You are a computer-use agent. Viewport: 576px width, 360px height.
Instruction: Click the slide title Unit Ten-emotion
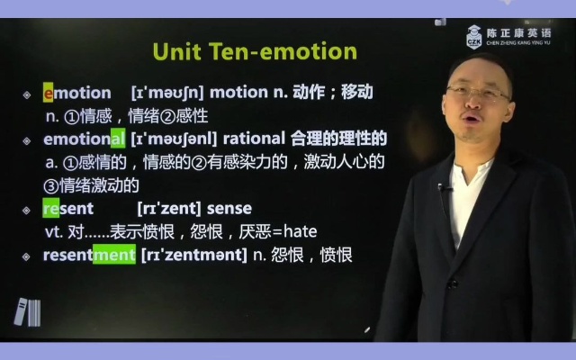[254, 52]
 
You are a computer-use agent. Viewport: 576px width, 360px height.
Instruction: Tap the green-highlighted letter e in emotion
[49, 93]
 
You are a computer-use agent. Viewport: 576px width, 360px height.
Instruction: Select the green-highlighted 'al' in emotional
[117, 139]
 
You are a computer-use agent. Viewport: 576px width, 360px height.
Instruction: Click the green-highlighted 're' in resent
[50, 209]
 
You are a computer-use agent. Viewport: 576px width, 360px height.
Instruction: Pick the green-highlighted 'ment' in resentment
[113, 255]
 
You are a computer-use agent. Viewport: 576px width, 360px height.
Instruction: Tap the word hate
[299, 232]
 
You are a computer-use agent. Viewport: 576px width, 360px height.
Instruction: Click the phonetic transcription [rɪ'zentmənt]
[193, 255]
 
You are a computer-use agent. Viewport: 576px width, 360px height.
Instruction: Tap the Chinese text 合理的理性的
[339, 139]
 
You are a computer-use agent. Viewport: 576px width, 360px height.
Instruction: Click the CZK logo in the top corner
[473, 37]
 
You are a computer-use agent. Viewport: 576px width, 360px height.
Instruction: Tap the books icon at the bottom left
[27, 311]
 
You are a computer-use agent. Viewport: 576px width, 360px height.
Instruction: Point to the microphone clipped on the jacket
[443, 189]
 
